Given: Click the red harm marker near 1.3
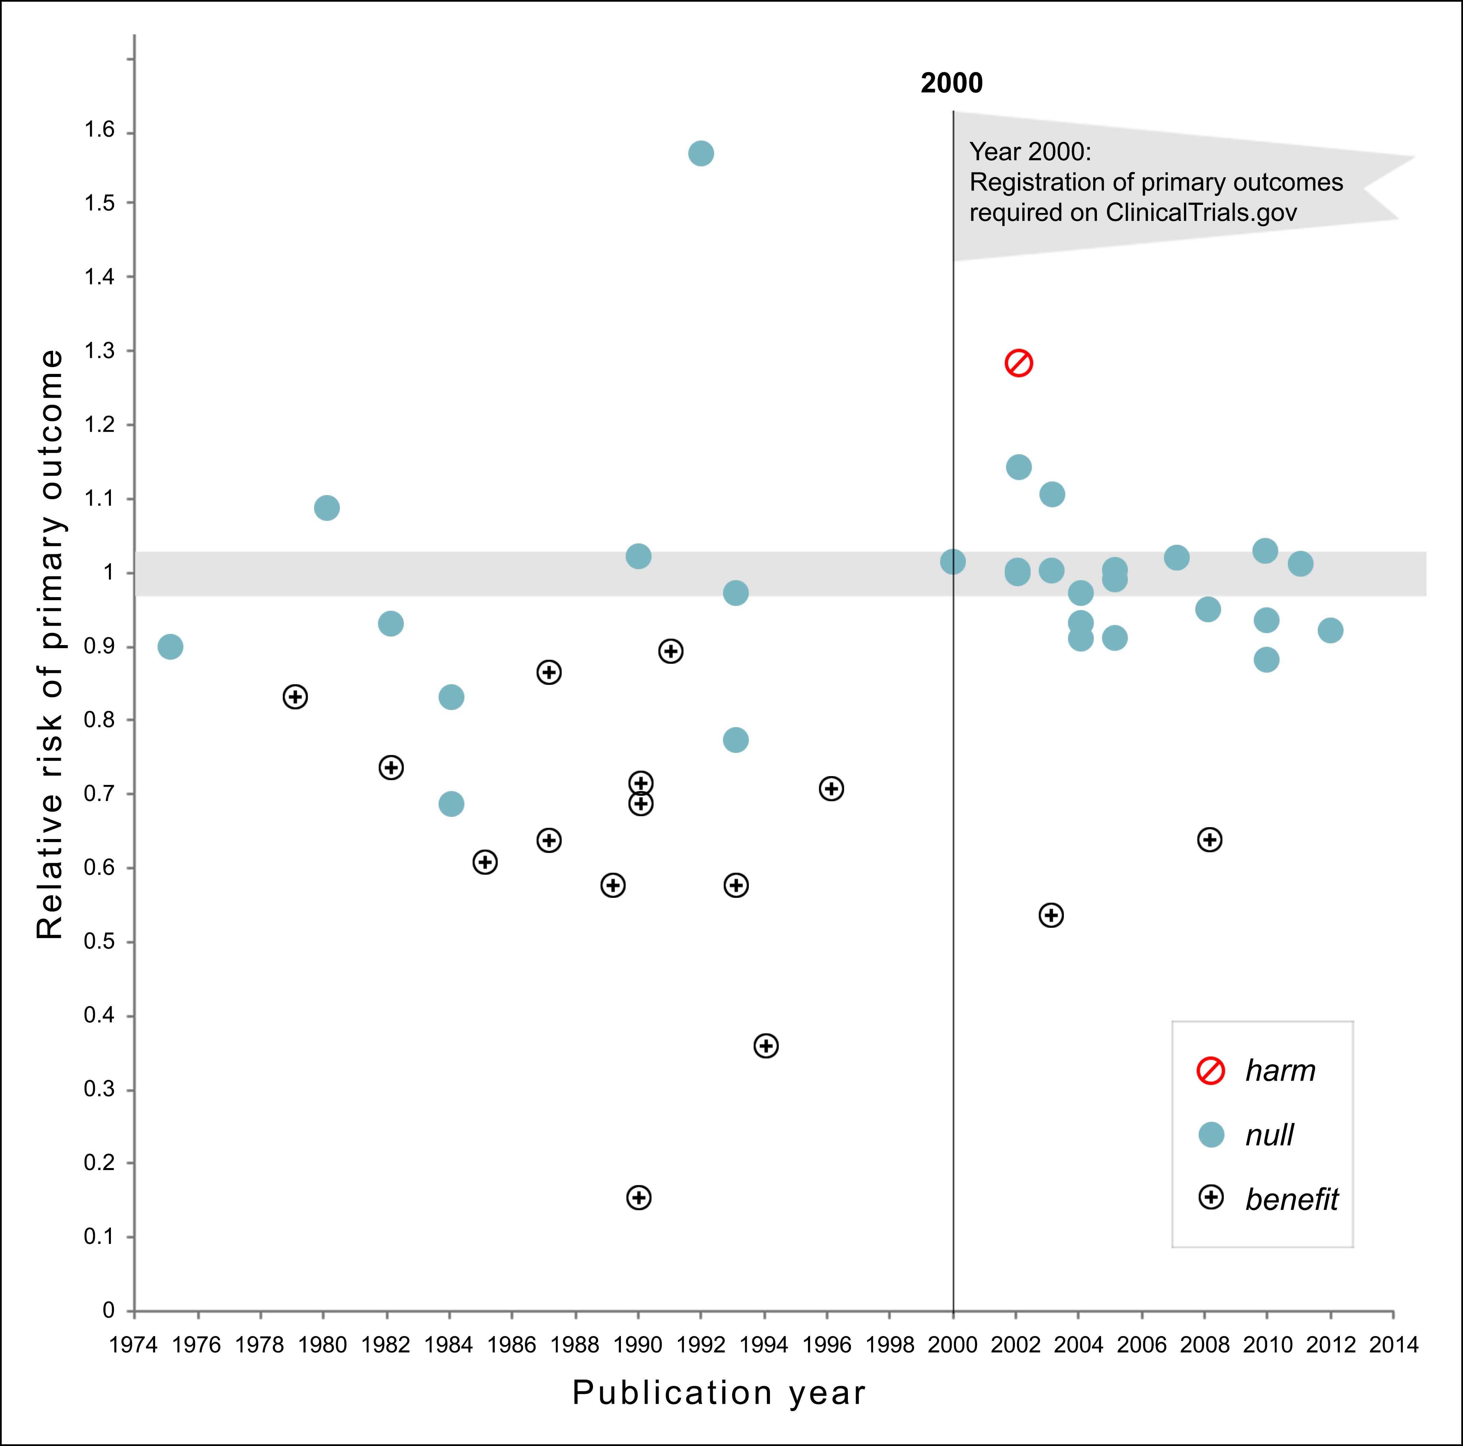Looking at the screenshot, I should tap(1019, 363).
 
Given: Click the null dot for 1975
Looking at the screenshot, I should tap(170, 646).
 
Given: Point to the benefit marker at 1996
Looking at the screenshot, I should tap(832, 789).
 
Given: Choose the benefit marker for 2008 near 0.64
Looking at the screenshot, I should tap(1209, 840).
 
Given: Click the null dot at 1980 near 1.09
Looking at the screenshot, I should tap(326, 508).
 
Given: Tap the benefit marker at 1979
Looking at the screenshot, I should tap(295, 696).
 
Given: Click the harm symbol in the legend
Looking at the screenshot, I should tap(1211, 1070).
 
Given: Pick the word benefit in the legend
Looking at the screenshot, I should tap(1292, 1199).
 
